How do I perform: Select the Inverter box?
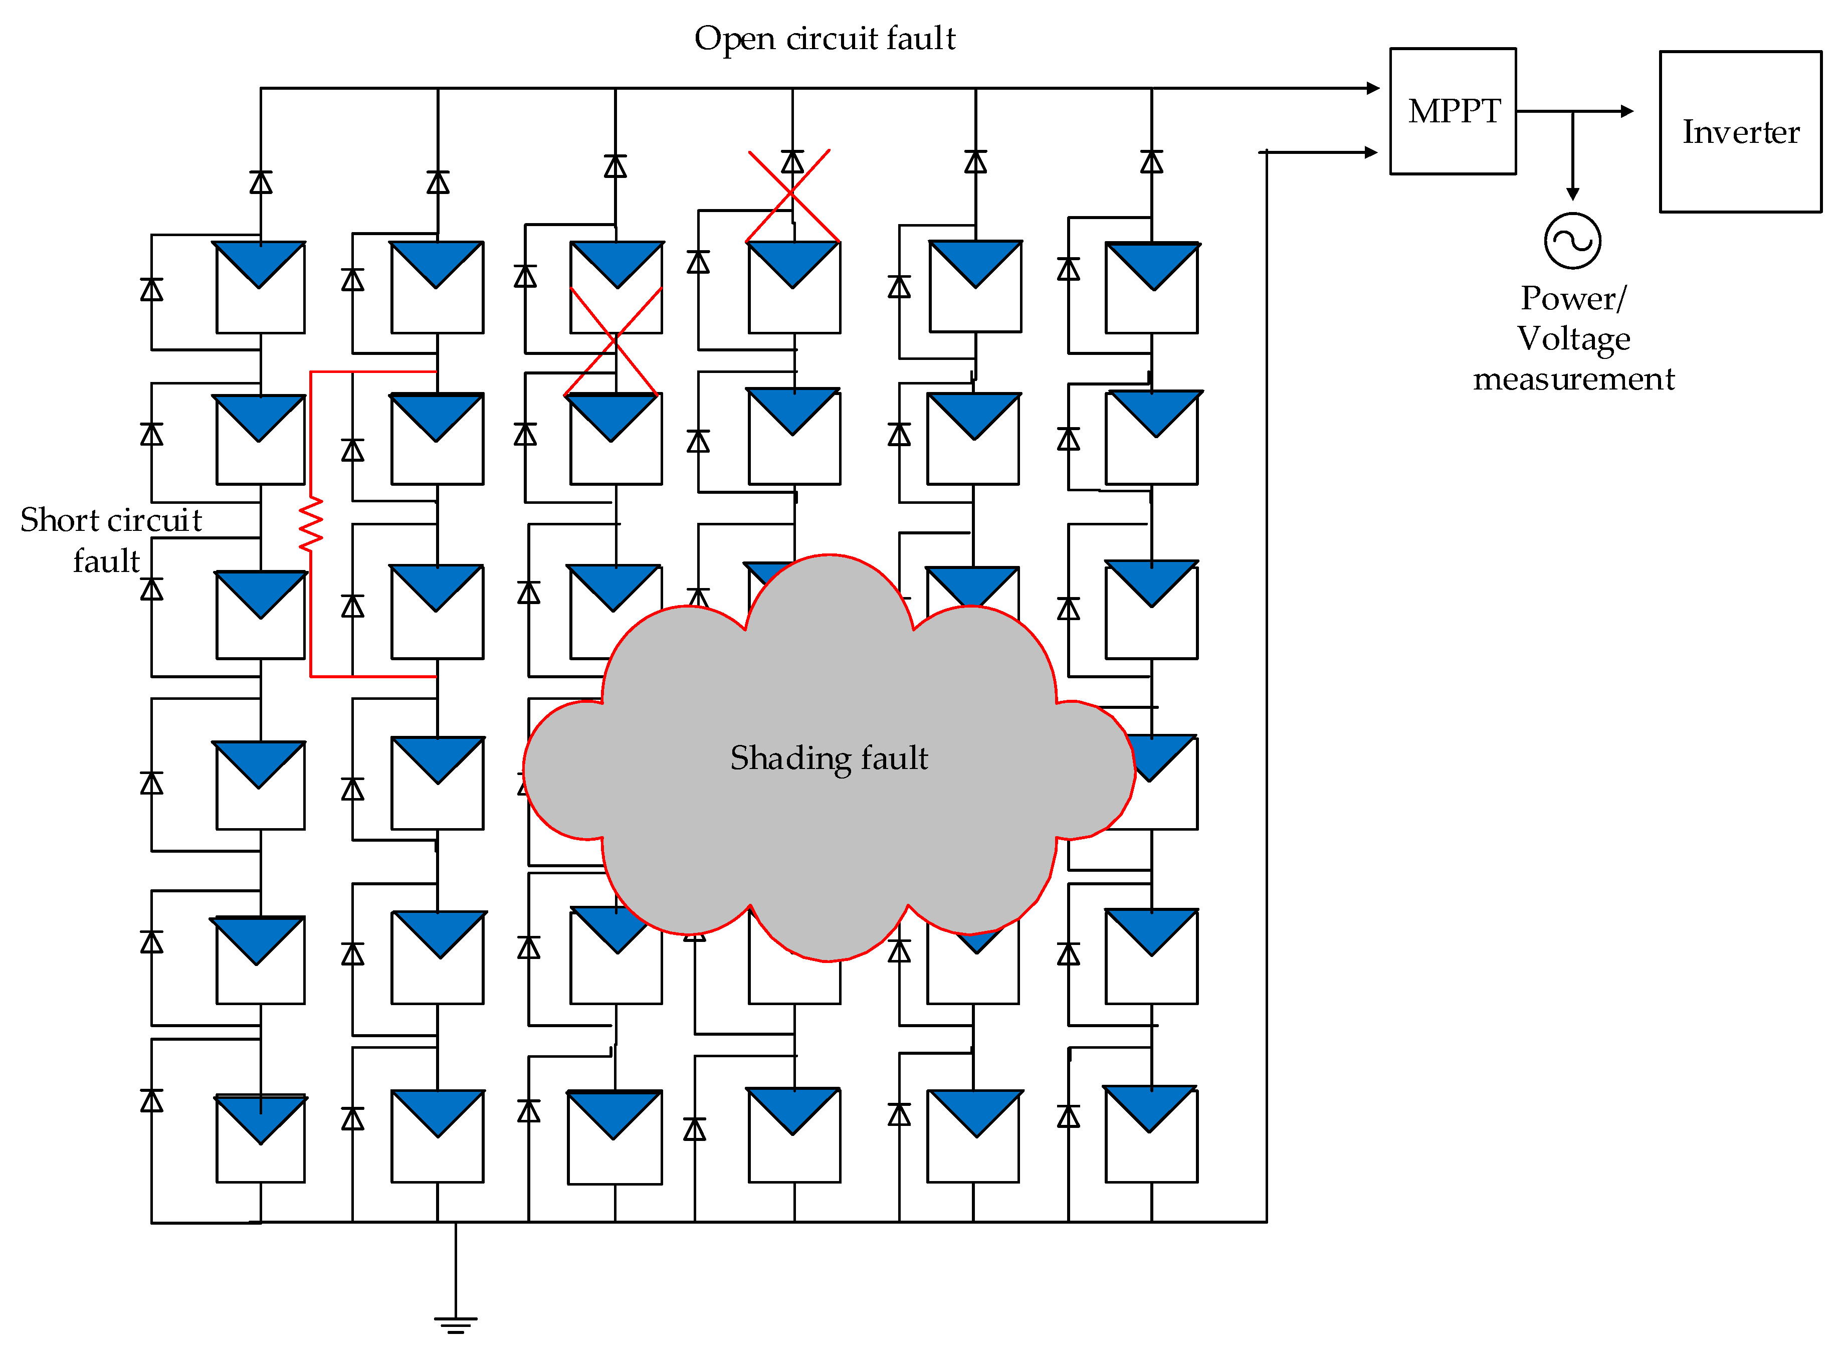click(x=1741, y=132)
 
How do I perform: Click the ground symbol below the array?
click(x=456, y=1324)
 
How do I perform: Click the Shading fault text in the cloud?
click(x=829, y=758)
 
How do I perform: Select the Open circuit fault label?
click(x=825, y=39)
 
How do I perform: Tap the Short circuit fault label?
click(x=110, y=540)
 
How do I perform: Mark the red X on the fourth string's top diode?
click(x=792, y=196)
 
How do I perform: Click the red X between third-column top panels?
click(x=613, y=341)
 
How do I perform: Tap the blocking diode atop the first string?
click(x=261, y=181)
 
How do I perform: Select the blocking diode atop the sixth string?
click(x=1151, y=161)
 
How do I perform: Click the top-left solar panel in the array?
click(x=260, y=287)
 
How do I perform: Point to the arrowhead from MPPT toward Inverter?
click(x=1627, y=111)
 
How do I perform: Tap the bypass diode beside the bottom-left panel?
click(x=151, y=1101)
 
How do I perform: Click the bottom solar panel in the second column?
click(x=438, y=1136)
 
